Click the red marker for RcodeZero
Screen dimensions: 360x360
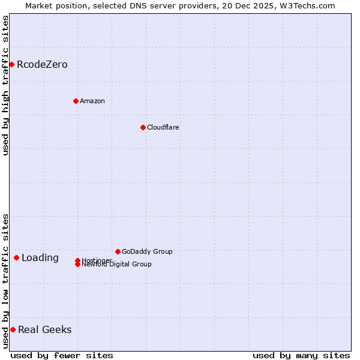11,64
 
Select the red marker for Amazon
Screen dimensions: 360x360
76,101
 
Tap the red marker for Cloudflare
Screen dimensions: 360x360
143,127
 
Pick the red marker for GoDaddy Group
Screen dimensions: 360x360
118,251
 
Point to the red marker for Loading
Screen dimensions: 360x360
16,257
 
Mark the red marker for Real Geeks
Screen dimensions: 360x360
13,329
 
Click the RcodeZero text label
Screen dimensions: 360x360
42,64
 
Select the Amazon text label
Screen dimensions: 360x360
92,101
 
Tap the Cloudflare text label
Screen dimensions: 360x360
163,127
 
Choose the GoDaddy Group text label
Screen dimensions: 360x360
147,251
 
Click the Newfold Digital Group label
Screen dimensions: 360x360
116,265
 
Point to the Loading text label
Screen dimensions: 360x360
40,258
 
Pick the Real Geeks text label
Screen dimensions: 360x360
45,329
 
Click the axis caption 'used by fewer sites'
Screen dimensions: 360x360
62,355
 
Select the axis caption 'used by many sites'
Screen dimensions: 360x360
301,355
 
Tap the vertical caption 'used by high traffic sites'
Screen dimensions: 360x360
5,86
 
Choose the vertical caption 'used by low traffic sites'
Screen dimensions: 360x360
5,281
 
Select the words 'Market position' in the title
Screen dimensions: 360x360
55,6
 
